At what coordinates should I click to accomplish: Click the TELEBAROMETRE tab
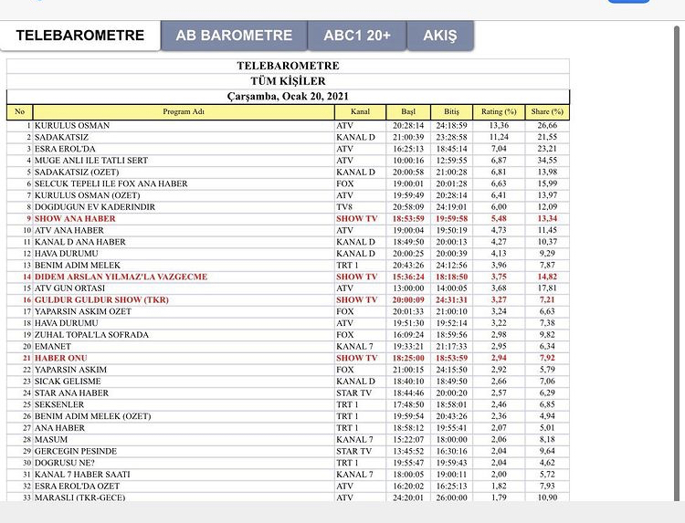click(x=80, y=36)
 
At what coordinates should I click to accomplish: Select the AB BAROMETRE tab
click(x=234, y=36)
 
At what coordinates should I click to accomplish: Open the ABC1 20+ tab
click(x=356, y=36)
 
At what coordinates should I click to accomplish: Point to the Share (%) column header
click(x=547, y=111)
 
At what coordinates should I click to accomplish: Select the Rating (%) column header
click(x=499, y=111)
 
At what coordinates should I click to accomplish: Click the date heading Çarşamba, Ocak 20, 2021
click(x=288, y=96)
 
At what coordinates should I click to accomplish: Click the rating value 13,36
click(x=499, y=125)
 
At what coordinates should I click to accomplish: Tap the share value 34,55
click(x=547, y=161)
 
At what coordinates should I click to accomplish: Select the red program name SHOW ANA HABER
click(x=76, y=219)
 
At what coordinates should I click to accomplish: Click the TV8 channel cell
click(x=344, y=207)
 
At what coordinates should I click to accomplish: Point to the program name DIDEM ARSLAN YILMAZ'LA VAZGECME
click(x=121, y=277)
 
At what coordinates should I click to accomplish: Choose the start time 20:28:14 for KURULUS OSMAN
click(x=408, y=125)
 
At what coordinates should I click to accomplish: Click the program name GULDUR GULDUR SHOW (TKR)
click(x=102, y=300)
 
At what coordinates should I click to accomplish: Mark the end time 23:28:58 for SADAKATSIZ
click(x=450, y=137)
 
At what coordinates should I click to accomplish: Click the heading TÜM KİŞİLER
click(x=288, y=81)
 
